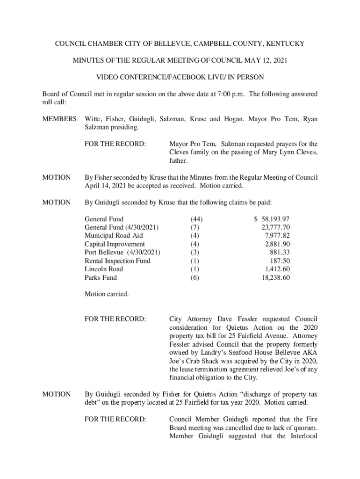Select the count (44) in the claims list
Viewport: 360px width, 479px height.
[196, 219]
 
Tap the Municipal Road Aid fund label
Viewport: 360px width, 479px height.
[114, 236]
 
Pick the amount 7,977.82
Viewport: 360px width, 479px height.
[277, 236]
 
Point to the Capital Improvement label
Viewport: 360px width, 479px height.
[115, 244]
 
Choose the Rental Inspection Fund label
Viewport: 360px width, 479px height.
[117, 261]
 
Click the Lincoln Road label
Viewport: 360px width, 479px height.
[104, 269]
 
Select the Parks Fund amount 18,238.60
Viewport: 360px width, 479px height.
[276, 278]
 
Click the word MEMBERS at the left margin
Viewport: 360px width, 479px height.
[59, 119]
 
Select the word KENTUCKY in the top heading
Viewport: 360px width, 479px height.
[285, 44]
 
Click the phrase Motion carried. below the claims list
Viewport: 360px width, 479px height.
[106, 295]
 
